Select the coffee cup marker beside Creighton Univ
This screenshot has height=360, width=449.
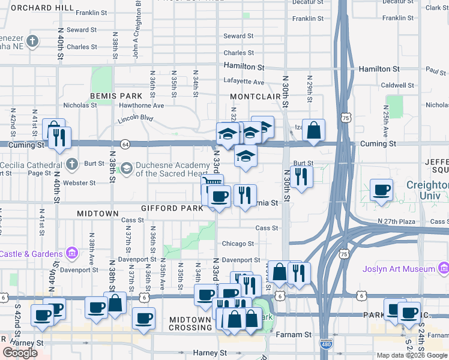(x=382, y=191)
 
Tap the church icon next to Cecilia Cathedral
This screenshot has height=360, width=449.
(x=72, y=164)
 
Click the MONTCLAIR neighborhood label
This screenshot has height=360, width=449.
(x=255, y=96)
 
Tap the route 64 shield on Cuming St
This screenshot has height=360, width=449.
(x=125, y=144)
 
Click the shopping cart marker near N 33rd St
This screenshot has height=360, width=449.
(x=211, y=184)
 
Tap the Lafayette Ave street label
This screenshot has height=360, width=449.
(x=244, y=82)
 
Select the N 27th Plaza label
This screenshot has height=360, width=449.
(x=397, y=221)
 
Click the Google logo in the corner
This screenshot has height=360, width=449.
(x=20, y=353)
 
